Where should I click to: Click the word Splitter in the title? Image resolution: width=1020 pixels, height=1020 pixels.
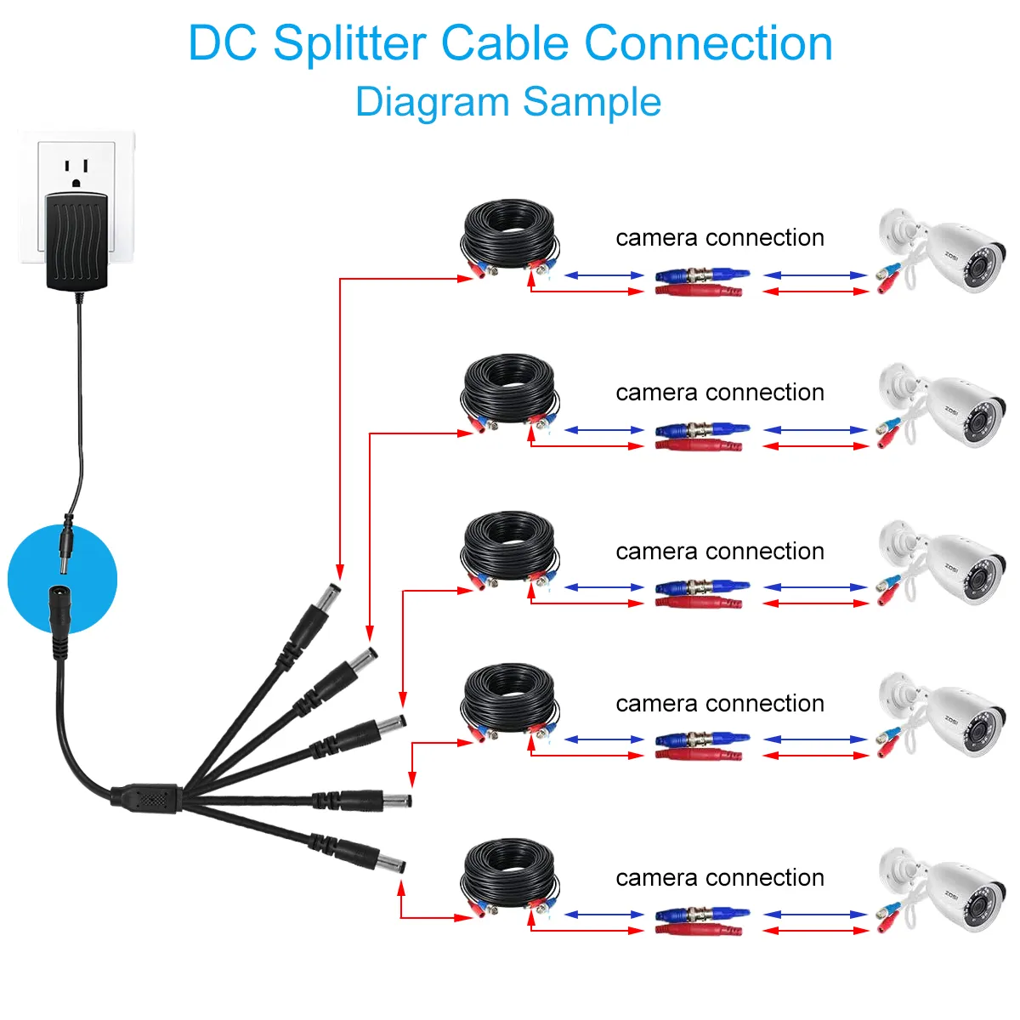click(x=350, y=44)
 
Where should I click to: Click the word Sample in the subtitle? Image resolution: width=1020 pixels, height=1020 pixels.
click(x=592, y=101)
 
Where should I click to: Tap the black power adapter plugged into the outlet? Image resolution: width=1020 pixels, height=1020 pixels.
click(x=77, y=241)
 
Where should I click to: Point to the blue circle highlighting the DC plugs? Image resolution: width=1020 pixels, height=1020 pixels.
click(x=62, y=579)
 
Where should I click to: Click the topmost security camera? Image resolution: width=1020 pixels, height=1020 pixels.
click(x=942, y=251)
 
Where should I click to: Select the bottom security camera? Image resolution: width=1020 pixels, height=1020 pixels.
click(x=942, y=889)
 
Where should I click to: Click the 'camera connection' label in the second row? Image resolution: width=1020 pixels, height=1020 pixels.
click(x=720, y=392)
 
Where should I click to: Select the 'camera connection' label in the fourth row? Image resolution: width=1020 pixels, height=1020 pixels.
click(x=720, y=704)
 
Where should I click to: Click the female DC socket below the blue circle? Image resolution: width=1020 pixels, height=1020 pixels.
click(x=59, y=621)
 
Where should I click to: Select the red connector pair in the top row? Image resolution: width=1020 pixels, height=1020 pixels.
click(x=698, y=291)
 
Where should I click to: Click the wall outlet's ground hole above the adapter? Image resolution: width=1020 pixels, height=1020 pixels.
click(x=76, y=183)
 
